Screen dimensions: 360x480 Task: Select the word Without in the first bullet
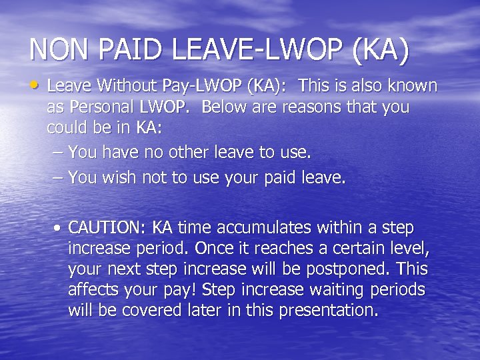124,86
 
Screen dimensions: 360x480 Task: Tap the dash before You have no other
58,153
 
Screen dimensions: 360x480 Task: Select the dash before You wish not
58,178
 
